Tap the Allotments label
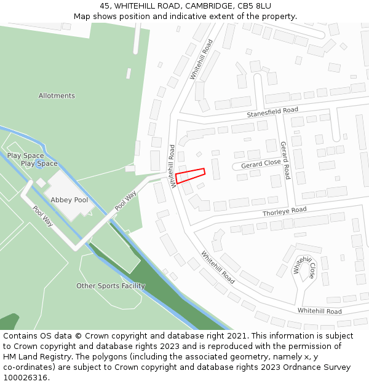57,96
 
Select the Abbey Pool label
69,200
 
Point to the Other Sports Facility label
111,286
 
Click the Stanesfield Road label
272,112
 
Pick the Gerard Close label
261,164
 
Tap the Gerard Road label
285,160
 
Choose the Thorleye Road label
284,211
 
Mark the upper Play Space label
25,156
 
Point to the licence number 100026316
25,377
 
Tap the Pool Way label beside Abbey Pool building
43,216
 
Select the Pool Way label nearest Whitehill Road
126,200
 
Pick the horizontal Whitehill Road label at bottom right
320,312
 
